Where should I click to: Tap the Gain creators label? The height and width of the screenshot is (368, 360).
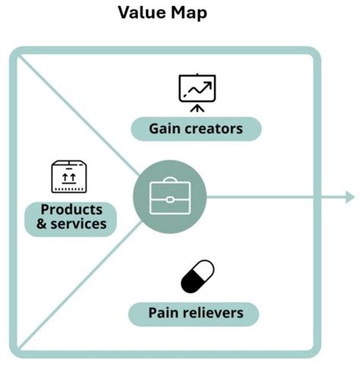point(196,128)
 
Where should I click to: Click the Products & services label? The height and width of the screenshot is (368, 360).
point(71,217)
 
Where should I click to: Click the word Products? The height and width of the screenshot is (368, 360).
point(71,209)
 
